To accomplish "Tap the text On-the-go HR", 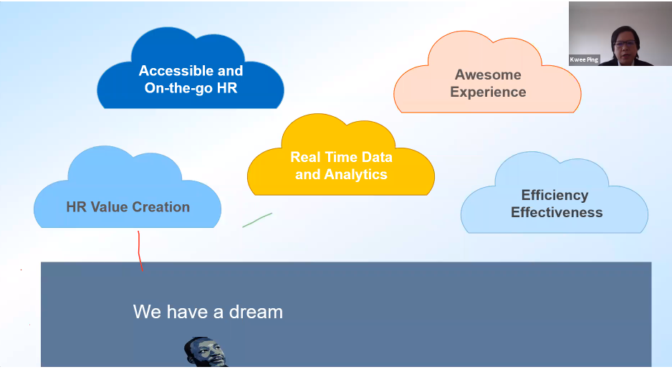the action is point(191,88).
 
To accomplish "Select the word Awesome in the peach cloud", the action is point(488,75).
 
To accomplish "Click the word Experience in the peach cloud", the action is point(488,92).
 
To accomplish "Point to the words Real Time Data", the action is point(341,157).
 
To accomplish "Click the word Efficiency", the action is point(555,196).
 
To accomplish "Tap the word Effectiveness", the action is point(557,213).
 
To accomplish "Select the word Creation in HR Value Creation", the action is point(160,207).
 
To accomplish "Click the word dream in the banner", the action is point(256,312).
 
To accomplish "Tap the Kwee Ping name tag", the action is point(584,59).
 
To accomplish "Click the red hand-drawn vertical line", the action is point(140,251).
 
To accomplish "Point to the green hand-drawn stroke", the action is point(257,220).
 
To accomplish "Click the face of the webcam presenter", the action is point(625,47).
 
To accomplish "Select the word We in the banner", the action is point(147,312).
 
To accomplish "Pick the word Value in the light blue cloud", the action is point(109,207).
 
